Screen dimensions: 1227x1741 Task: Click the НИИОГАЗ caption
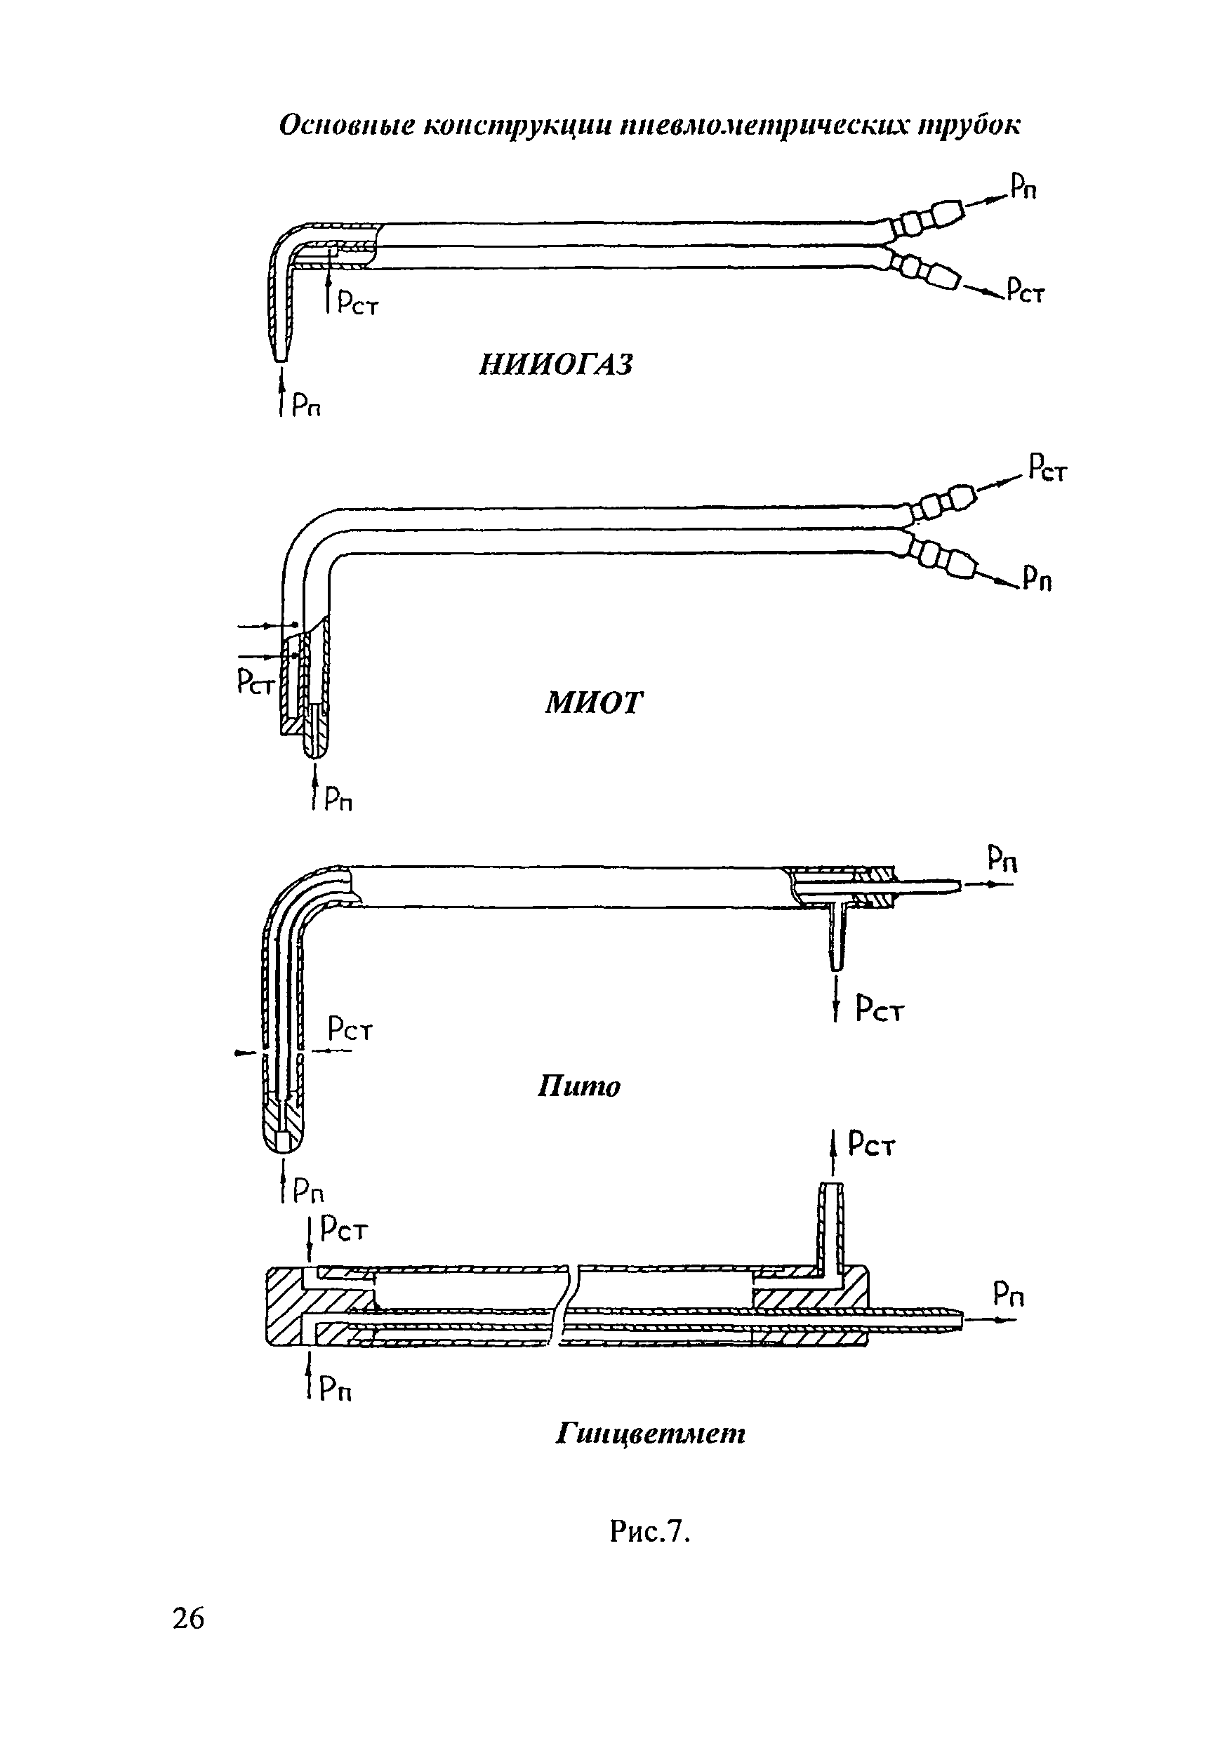[x=556, y=365]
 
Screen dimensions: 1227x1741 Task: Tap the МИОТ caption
[x=594, y=703]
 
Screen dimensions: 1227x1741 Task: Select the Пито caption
[x=578, y=1086]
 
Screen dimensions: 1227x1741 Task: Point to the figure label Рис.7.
[x=651, y=1533]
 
